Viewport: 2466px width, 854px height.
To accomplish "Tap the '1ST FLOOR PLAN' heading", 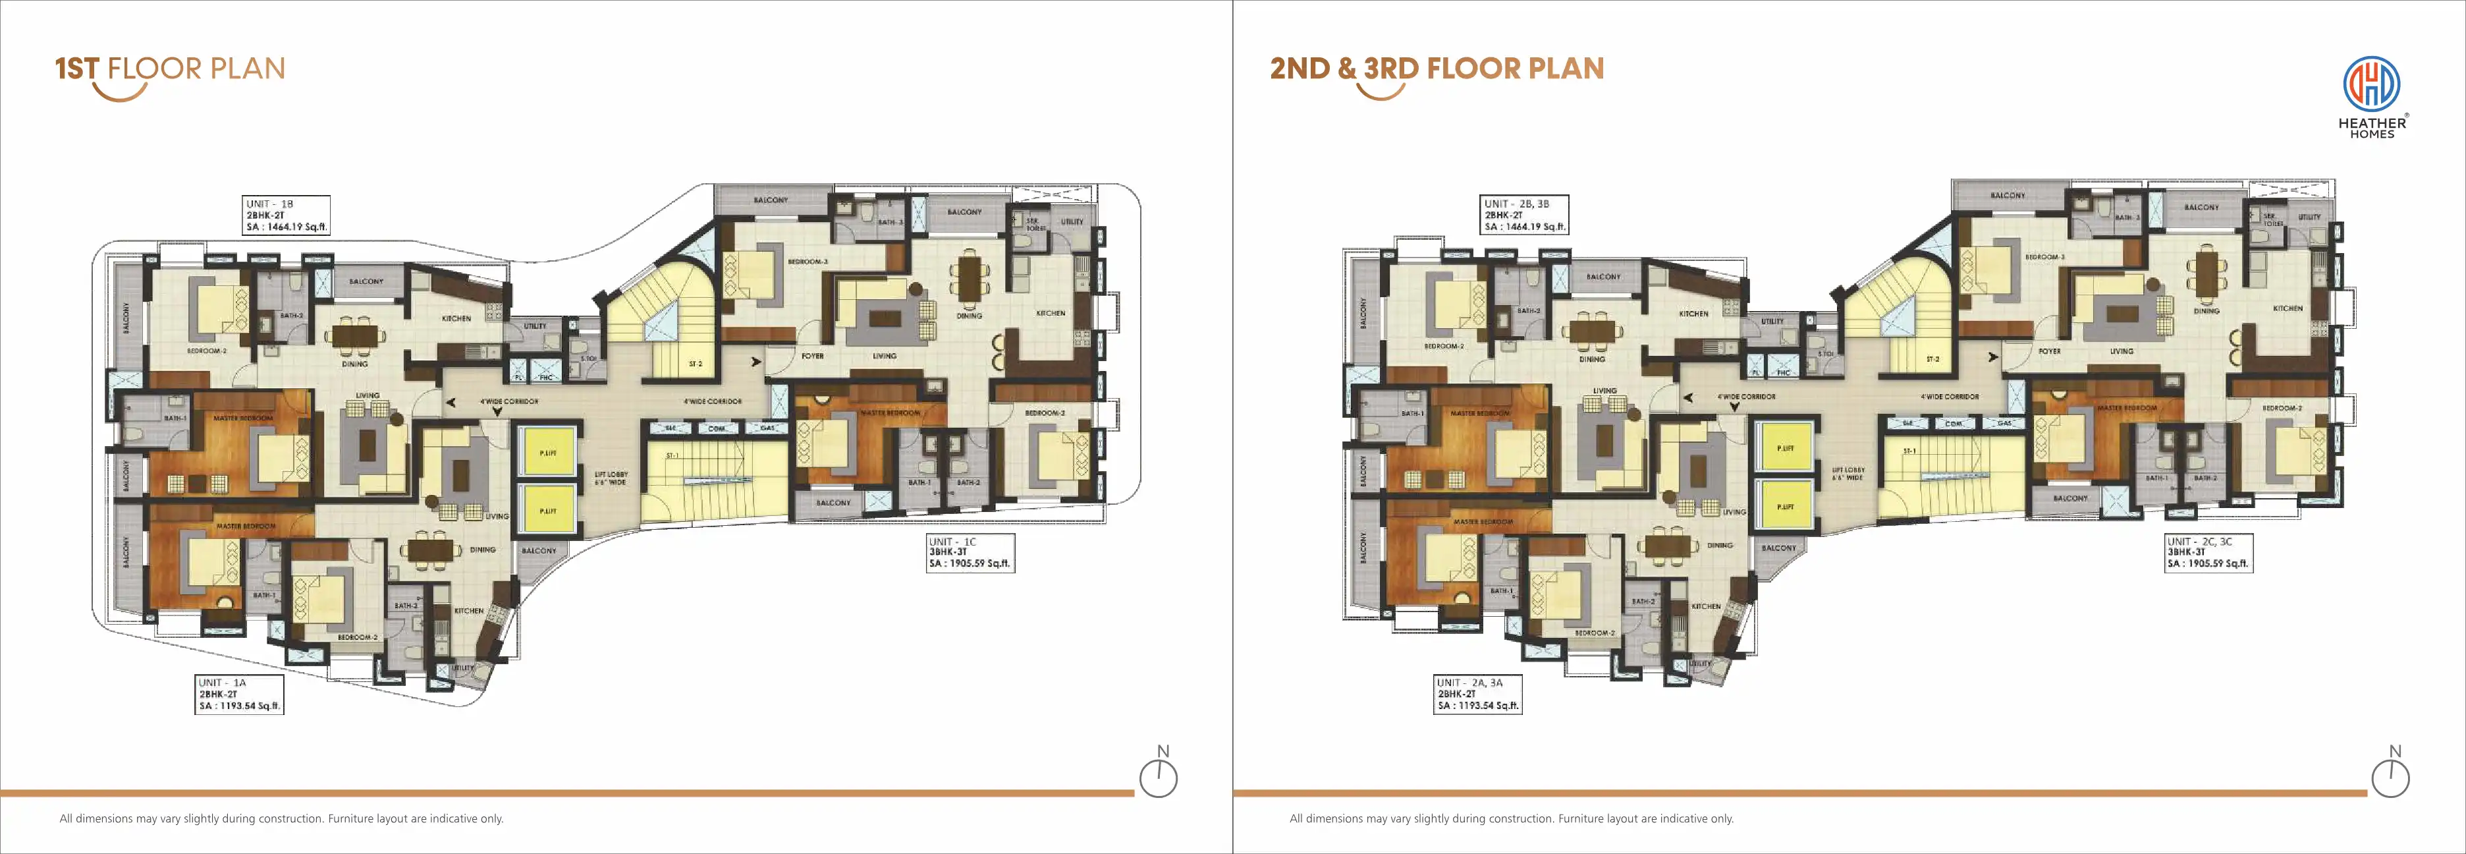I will point(171,69).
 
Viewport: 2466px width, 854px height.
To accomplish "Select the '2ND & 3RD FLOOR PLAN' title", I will point(1436,69).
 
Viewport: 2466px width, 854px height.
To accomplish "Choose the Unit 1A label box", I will point(239,694).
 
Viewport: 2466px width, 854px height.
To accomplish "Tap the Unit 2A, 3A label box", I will point(1477,694).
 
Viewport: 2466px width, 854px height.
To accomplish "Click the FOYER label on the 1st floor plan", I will point(811,356).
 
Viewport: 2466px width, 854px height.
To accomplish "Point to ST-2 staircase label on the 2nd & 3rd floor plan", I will point(1932,359).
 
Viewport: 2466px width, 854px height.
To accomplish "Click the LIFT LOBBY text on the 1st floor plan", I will point(611,478).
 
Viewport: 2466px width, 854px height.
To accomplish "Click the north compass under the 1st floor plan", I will point(1159,778).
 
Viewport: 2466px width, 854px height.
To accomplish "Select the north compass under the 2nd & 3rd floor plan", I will point(2390,778).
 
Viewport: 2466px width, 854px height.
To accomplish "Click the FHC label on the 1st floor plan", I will point(545,377).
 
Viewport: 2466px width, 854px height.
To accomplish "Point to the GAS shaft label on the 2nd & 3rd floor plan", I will point(2004,423).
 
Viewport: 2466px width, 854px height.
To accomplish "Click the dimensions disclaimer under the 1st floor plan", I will point(281,818).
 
